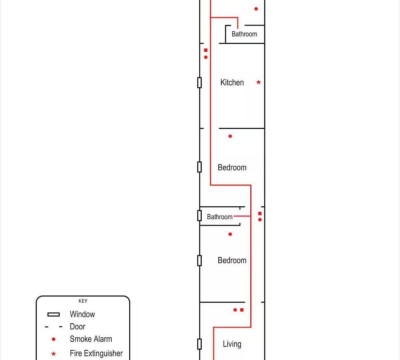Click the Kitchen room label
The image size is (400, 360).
pyautogui.click(x=232, y=82)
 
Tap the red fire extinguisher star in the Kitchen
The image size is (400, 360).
pyautogui.click(x=258, y=82)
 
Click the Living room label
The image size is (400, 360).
pyautogui.click(x=232, y=344)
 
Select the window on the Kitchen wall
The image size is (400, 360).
pyautogui.click(x=199, y=83)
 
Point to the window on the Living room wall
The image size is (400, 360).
pyautogui.click(x=199, y=344)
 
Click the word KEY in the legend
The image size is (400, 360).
pyautogui.click(x=83, y=301)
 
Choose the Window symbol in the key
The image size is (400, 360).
pyautogui.click(x=53, y=315)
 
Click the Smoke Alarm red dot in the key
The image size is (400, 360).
pyautogui.click(x=53, y=339)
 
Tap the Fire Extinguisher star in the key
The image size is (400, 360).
pyautogui.click(x=53, y=354)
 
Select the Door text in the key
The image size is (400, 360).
pyautogui.click(x=77, y=327)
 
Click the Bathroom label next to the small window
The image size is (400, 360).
pyautogui.click(x=220, y=217)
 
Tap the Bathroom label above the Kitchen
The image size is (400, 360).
pyautogui.click(x=244, y=34)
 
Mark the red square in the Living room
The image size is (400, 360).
pyautogui.click(x=242, y=310)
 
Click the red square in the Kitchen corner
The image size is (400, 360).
pyautogui.click(x=206, y=50)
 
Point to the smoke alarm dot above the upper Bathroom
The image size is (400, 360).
pyautogui.click(x=256, y=9)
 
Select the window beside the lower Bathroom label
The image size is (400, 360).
pyautogui.click(x=199, y=216)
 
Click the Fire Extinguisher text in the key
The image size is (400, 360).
pyautogui.click(x=96, y=353)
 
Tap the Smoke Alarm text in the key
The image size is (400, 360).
pyautogui.click(x=91, y=339)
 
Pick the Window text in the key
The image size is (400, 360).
pyautogui.click(x=82, y=314)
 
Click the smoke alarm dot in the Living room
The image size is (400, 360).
pyautogui.click(x=235, y=310)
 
